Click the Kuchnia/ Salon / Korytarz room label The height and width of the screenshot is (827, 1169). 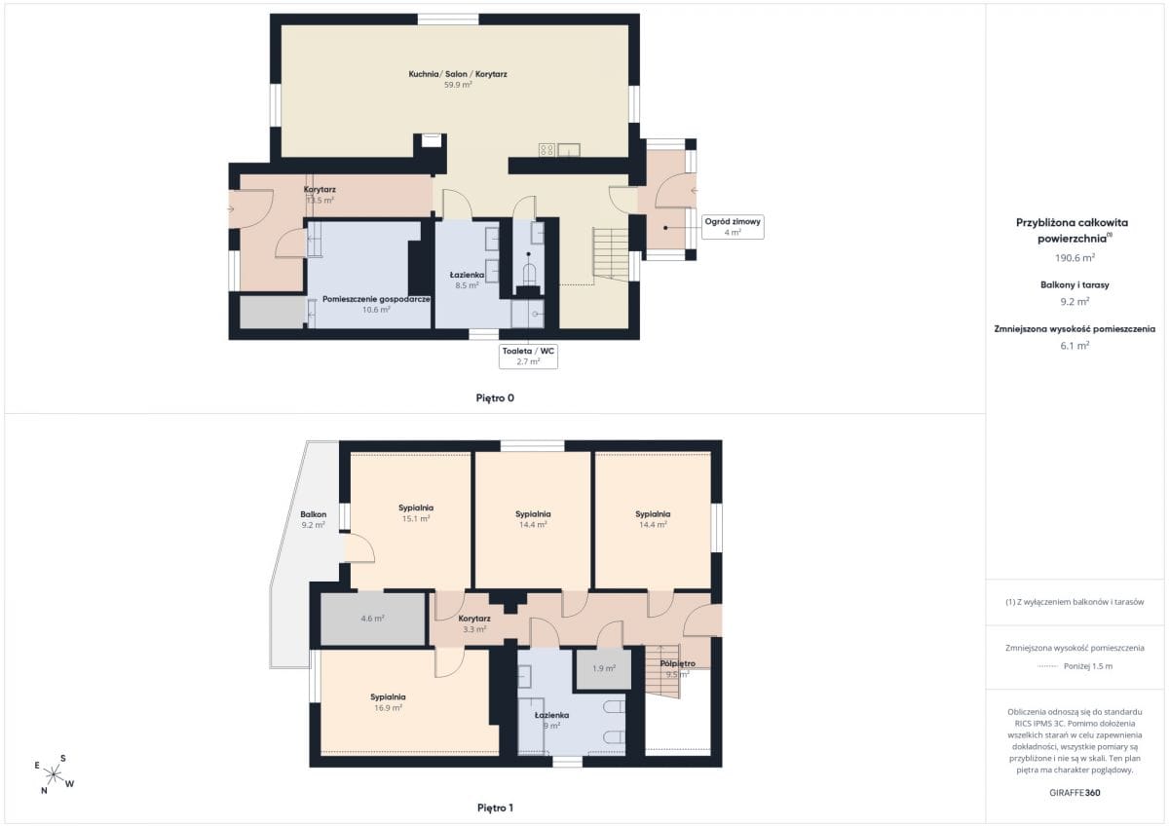[x=458, y=74]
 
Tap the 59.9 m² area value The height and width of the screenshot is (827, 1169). [x=458, y=85]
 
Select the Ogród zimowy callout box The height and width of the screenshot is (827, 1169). [x=733, y=227]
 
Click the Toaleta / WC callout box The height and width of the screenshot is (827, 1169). [x=528, y=357]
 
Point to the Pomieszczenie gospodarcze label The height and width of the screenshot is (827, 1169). [x=376, y=299]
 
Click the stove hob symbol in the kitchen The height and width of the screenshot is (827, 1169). [x=547, y=150]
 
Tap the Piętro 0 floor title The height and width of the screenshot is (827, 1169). [x=495, y=398]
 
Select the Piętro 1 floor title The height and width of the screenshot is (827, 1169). [x=495, y=808]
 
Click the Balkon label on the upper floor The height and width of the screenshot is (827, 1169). [x=313, y=514]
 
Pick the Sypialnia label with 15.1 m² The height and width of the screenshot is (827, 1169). [x=416, y=507]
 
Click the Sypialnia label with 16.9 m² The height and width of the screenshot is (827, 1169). [x=388, y=697]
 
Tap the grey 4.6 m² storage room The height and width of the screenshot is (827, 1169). [x=372, y=619]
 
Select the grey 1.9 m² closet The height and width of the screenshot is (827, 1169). [x=604, y=668]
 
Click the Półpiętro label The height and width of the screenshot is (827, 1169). [x=677, y=663]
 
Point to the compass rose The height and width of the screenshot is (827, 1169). [x=54, y=774]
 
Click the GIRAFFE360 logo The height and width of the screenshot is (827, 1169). [x=1075, y=793]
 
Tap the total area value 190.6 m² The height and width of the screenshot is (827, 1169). [x=1075, y=258]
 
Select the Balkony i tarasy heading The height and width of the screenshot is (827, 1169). [x=1075, y=284]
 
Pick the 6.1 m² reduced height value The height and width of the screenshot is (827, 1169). [x=1075, y=346]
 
